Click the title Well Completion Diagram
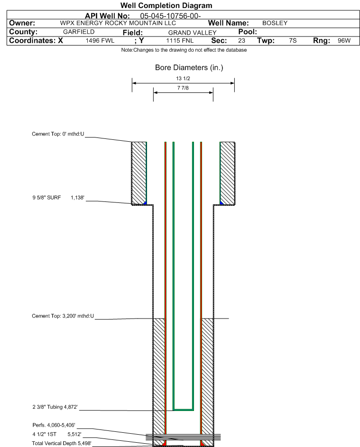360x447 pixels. pos(166,5)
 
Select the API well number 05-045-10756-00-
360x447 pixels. pos(170,16)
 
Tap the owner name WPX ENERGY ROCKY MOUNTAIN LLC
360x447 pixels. pos(118,23)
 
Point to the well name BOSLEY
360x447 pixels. pos(275,23)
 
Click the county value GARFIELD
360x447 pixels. pos(79,32)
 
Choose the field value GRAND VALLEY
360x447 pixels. pos(192,33)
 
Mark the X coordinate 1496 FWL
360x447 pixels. pos(100,41)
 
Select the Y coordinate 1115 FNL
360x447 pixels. pos(180,41)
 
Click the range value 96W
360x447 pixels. pos(344,41)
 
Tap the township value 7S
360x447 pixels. pos(293,41)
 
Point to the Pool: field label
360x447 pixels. pos(248,32)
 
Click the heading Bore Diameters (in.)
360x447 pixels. pos(189,68)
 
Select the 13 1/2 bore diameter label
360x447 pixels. pos(183,78)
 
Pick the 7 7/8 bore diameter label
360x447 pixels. pos(183,88)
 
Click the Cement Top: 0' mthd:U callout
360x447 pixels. pos(58,134)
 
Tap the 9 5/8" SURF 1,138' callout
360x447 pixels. pos(58,198)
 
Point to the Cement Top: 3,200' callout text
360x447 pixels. pos(63,316)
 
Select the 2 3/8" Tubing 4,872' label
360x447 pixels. pos(55,407)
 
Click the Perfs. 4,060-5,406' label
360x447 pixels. pos(54,425)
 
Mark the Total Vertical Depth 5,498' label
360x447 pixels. pos(62,443)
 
